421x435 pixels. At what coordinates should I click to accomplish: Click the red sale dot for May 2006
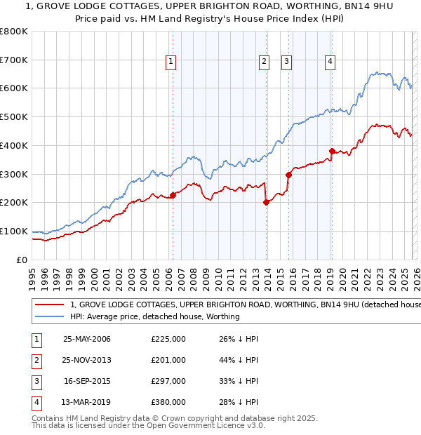pyautogui.click(x=173, y=195)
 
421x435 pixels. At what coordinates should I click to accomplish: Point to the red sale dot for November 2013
pyautogui.click(x=266, y=202)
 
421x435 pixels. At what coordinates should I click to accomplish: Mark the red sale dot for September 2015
pyautogui.click(x=288, y=175)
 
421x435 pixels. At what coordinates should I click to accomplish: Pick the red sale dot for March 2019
pyautogui.click(x=331, y=151)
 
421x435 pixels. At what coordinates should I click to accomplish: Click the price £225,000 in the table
pyautogui.click(x=168, y=340)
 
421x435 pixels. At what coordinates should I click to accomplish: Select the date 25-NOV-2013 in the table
pyautogui.click(x=87, y=360)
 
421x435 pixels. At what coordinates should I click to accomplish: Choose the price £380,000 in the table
pyautogui.click(x=168, y=402)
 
